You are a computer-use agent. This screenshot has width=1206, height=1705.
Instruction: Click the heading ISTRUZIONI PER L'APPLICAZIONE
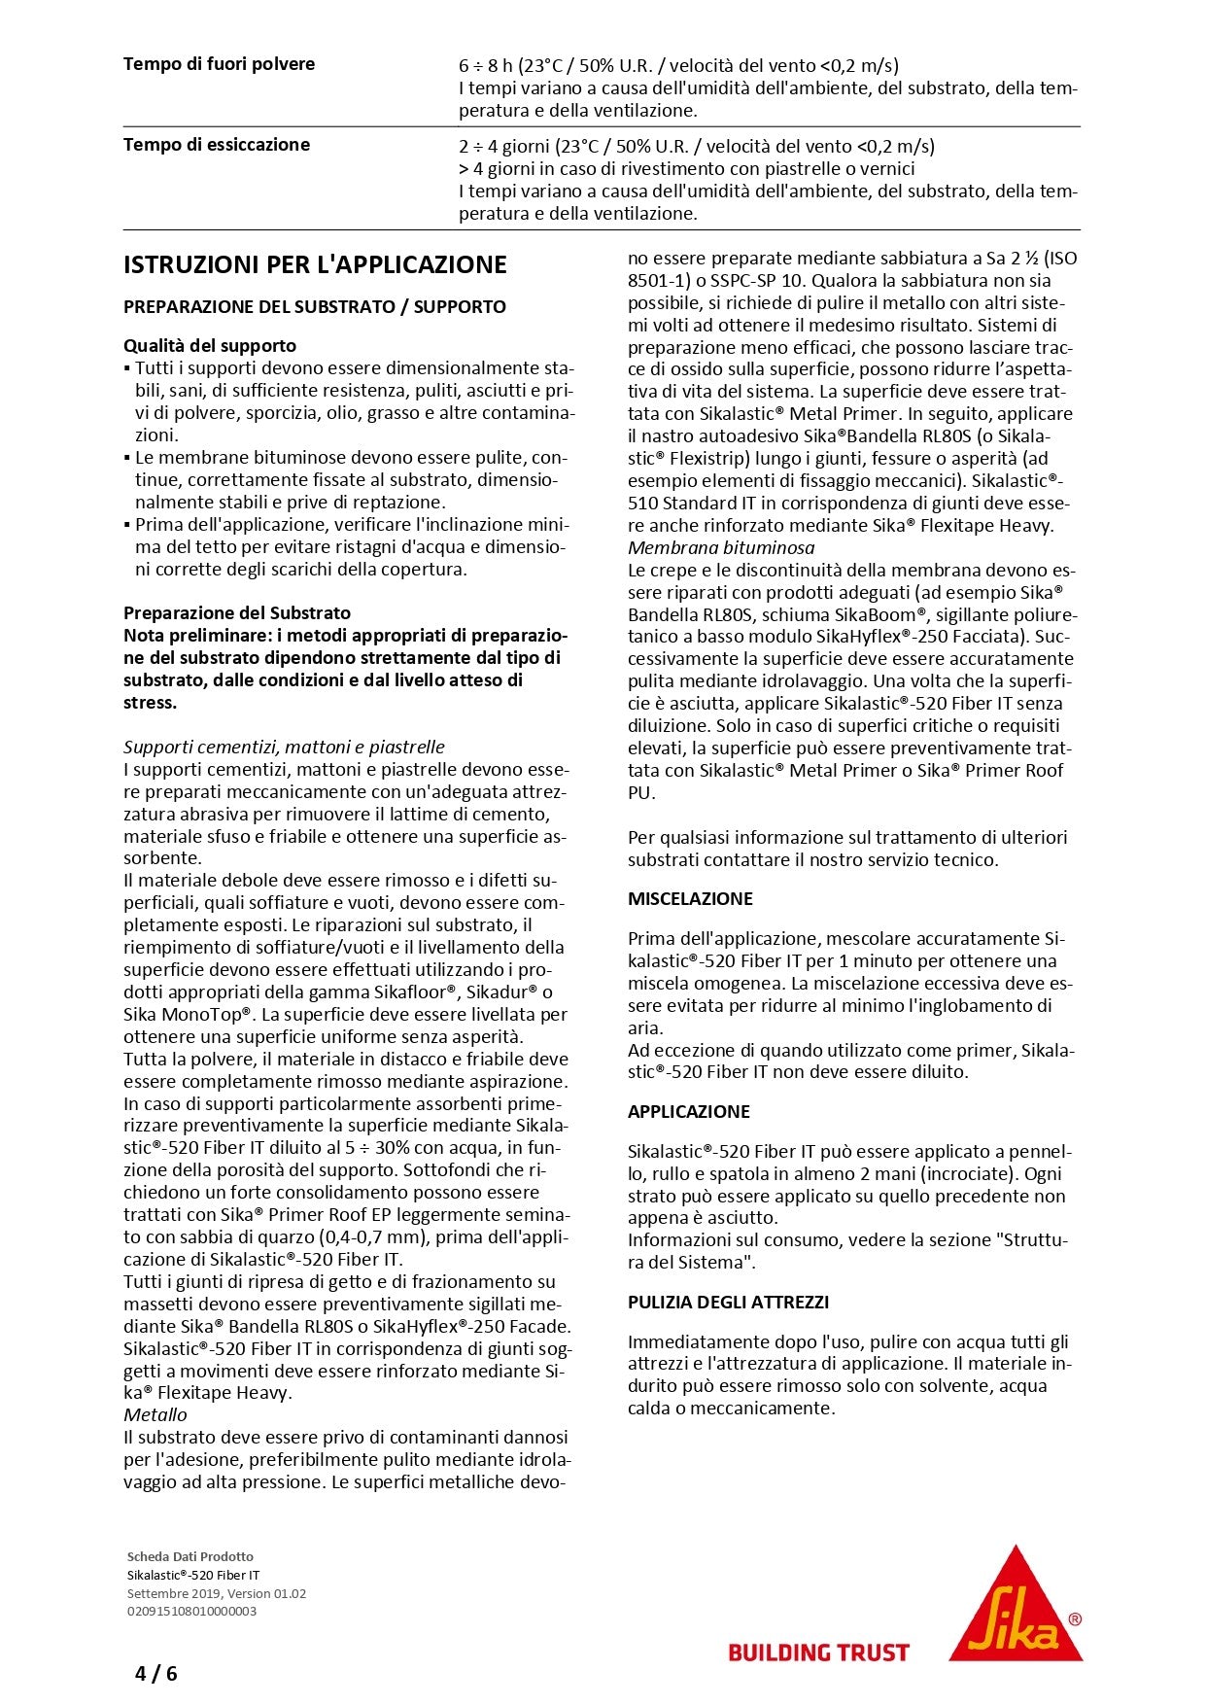315,264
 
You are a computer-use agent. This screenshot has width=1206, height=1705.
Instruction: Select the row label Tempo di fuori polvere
219,64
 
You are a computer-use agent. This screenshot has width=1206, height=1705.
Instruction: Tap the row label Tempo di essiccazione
217,145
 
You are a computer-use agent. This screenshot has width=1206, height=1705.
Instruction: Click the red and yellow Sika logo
1016,1603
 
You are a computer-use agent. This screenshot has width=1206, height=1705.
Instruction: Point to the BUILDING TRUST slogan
818,1652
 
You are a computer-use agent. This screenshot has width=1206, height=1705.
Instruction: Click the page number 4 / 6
156,1673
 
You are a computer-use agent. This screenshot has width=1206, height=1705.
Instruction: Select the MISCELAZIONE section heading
690,899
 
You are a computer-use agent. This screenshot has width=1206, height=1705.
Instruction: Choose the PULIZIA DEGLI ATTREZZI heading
728,1302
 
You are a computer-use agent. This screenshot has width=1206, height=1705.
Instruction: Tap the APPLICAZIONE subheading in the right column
689,1111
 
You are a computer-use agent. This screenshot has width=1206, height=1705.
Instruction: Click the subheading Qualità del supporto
210,345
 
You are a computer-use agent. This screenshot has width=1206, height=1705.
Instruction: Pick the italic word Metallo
155,1414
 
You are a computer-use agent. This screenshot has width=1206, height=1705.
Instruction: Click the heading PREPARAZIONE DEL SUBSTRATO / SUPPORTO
315,307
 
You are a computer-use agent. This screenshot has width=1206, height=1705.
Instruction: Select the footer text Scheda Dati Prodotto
190,1556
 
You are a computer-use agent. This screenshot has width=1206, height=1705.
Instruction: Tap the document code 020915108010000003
191,1611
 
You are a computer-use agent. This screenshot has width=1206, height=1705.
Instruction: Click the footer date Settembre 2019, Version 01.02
217,1593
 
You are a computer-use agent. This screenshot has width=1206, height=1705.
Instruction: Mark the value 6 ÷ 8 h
487,66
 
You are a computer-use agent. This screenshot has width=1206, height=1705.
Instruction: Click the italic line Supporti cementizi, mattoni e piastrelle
284,747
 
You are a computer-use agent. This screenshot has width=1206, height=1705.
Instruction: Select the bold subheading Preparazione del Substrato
237,613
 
